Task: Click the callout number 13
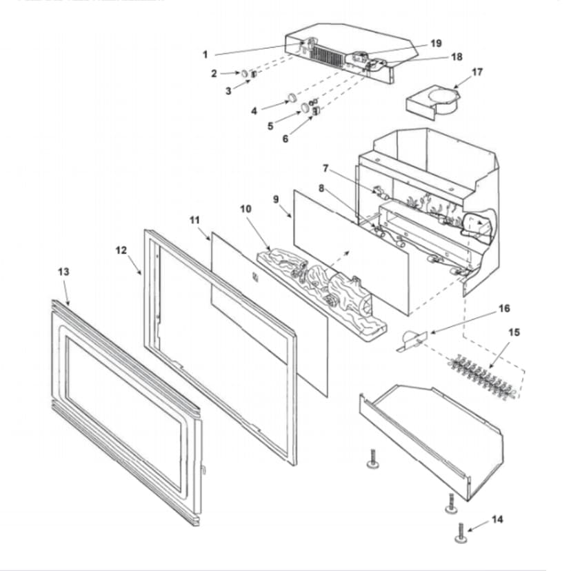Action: (x=63, y=272)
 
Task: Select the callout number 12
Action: (x=121, y=250)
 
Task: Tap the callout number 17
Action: (x=477, y=72)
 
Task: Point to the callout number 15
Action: (x=514, y=332)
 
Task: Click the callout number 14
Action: (x=497, y=519)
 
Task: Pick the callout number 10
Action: (x=246, y=208)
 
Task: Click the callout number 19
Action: (x=436, y=43)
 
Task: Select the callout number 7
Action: (x=325, y=168)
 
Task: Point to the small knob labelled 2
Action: (x=245, y=73)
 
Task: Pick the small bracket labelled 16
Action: (x=412, y=339)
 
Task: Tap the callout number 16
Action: (x=504, y=308)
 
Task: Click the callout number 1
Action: (x=205, y=54)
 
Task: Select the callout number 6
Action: (x=285, y=139)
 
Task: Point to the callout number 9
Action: (x=276, y=199)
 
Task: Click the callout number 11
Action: (x=194, y=219)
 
